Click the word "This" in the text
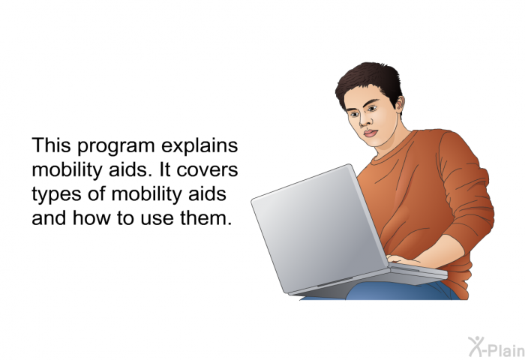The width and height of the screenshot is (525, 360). pyautogui.click(x=51, y=145)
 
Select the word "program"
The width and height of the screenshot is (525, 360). pyautogui.click(x=116, y=147)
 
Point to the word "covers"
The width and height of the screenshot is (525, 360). pyautogui.click(x=207, y=170)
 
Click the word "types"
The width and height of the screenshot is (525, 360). pyautogui.click(x=56, y=195)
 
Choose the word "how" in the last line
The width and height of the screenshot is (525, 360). pyautogui.click(x=91, y=217)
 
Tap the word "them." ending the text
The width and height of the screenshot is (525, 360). pyautogui.click(x=206, y=217)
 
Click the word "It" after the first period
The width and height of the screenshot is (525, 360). pyautogui.click(x=165, y=169)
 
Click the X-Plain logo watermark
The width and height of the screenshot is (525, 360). pyautogui.click(x=496, y=347)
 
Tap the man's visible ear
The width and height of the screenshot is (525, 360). pyautogui.click(x=400, y=103)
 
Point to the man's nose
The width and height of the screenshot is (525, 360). pyautogui.click(x=364, y=121)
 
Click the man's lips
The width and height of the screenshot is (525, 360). pyautogui.click(x=370, y=133)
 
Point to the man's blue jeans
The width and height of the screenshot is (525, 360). pyautogui.click(x=402, y=291)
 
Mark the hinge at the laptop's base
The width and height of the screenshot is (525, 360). pyautogui.click(x=334, y=282)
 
